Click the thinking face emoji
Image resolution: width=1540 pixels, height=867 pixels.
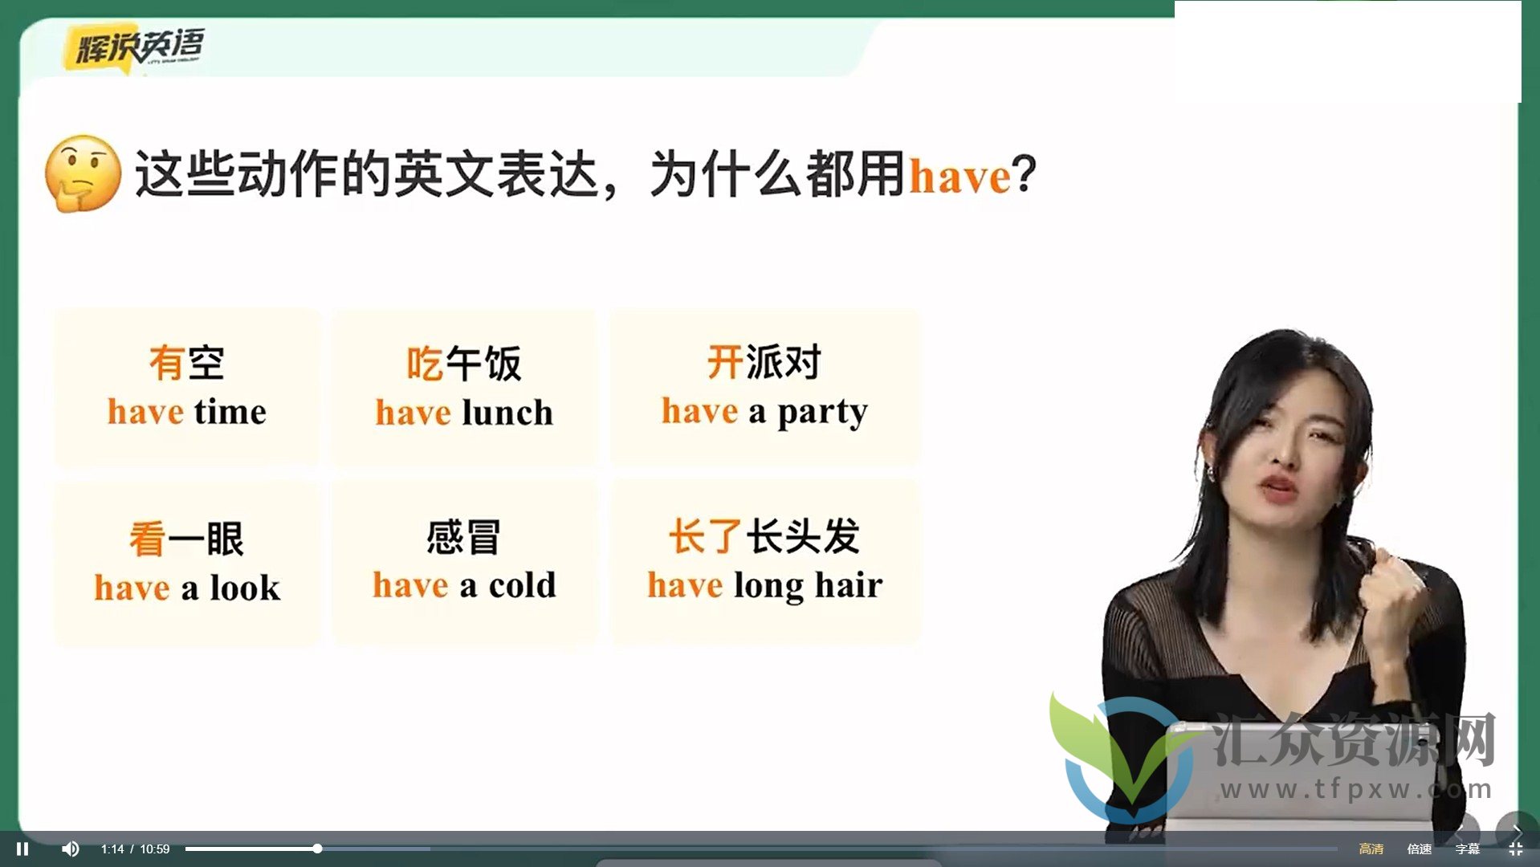click(83, 173)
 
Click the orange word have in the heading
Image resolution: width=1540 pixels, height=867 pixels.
click(959, 174)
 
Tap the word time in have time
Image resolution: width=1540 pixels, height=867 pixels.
click(230, 412)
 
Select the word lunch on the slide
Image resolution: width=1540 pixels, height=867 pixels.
click(507, 413)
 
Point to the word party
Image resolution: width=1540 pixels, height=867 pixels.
click(823, 413)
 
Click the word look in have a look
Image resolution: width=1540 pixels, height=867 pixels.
click(245, 587)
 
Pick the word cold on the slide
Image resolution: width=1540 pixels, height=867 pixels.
click(522, 585)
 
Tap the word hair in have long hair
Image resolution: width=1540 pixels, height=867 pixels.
click(849, 585)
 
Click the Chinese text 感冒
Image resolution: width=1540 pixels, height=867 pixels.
click(463, 537)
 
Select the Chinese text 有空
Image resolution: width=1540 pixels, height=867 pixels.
click(186, 363)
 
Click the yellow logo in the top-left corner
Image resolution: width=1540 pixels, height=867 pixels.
click(133, 47)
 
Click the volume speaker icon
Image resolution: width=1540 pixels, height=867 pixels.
click(71, 849)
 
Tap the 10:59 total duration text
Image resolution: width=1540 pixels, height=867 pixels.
click(155, 849)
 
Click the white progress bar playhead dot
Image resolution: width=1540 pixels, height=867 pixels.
click(317, 849)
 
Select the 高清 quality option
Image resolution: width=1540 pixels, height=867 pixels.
click(1371, 849)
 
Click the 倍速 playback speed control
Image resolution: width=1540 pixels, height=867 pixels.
click(1420, 849)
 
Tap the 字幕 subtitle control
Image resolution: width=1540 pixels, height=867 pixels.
click(1468, 849)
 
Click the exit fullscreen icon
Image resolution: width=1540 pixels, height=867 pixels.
click(1516, 849)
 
